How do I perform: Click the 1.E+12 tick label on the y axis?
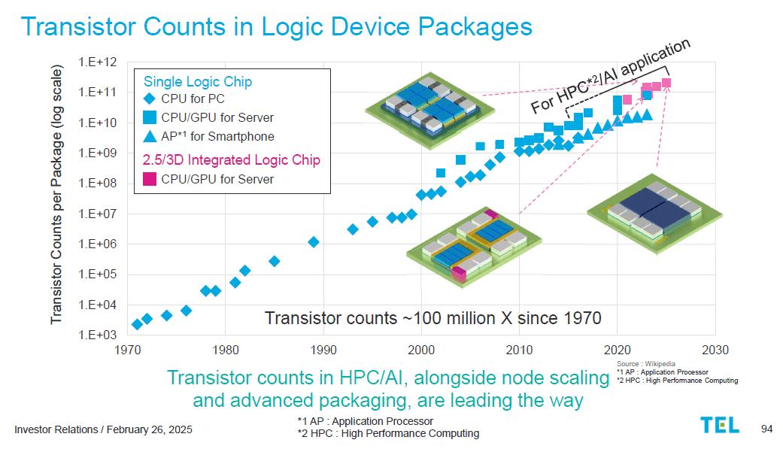97,62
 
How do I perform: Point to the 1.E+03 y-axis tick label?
97,335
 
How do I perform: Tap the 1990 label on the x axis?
323,350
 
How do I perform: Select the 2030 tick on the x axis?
715,350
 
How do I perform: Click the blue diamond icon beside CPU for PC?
150,99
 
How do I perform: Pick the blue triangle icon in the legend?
150,136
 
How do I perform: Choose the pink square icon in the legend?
150,179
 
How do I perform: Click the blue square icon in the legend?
150,117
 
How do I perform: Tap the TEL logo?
720,425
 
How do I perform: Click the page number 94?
766,429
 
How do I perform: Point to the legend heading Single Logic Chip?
198,81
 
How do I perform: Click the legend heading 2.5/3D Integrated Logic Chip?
231,160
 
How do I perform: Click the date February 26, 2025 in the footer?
150,429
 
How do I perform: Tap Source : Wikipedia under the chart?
645,363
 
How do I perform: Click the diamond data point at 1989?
314,242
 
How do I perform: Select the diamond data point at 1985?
274,261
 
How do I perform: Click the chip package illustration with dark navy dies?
654,214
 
